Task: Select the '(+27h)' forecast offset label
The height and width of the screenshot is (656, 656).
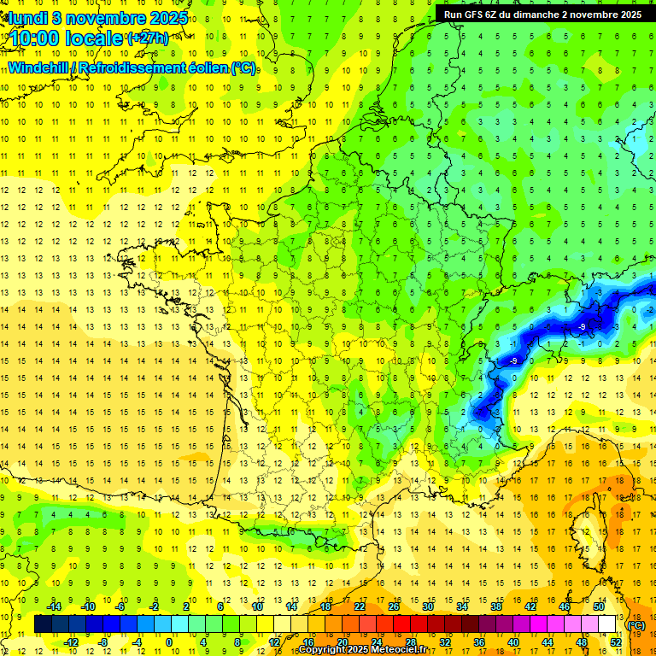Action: [148, 38]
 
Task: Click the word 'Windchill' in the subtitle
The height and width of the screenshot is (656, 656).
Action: [38, 67]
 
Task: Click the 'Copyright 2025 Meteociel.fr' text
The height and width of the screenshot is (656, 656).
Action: [363, 650]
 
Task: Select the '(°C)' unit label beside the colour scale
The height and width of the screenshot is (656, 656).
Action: [636, 625]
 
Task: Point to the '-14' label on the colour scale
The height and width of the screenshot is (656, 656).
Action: [54, 606]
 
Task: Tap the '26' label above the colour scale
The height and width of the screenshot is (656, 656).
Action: [394, 606]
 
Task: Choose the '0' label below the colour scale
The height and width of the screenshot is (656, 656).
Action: [169, 642]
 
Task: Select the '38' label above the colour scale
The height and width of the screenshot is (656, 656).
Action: [496, 606]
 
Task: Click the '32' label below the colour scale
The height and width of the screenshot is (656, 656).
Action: [445, 642]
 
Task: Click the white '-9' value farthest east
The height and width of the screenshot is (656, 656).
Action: [582, 327]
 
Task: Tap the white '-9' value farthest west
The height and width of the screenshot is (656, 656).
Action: [513, 361]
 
